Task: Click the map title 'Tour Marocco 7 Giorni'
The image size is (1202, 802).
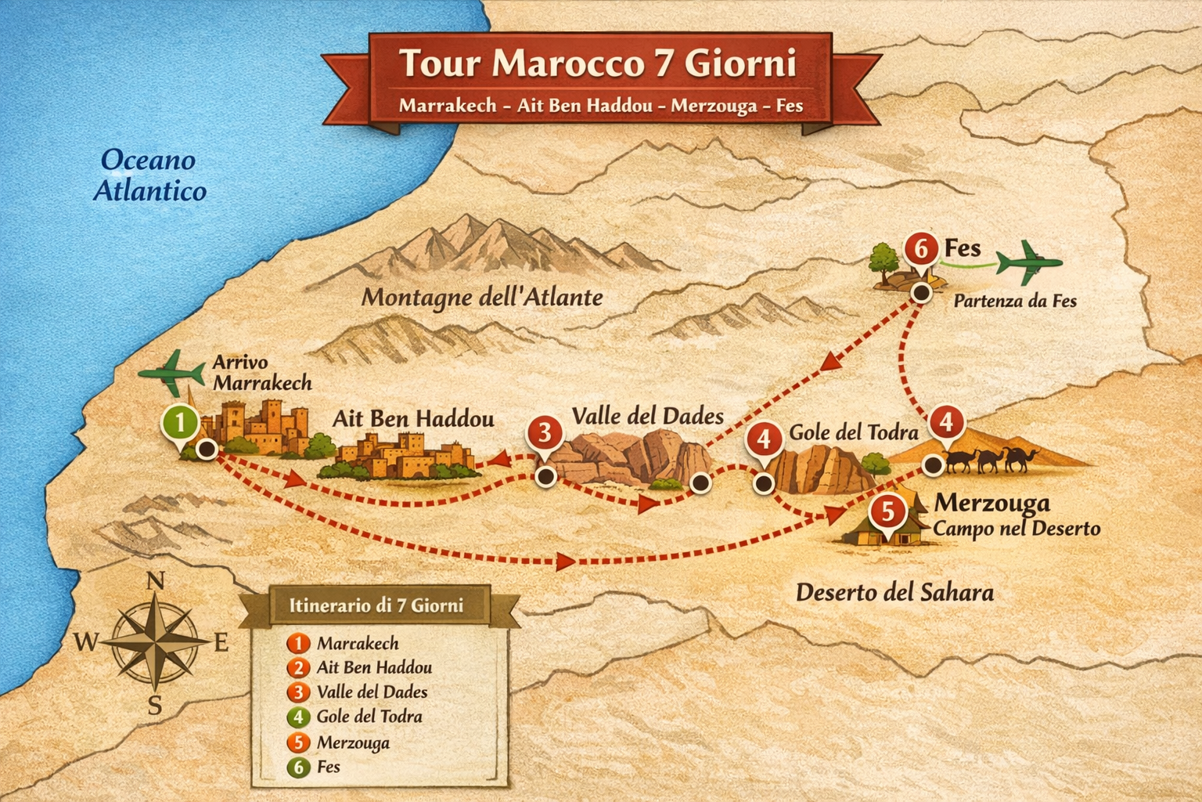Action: coord(598,63)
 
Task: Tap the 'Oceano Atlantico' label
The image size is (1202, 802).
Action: coord(149,175)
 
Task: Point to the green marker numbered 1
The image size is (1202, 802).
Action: coord(180,423)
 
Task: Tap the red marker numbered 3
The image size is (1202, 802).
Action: coord(545,433)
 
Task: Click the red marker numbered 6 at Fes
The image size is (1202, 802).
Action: coord(922,249)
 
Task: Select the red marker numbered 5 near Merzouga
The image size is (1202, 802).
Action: coord(887,512)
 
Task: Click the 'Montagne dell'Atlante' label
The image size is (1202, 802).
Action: coord(482,297)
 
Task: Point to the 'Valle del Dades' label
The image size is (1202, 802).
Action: coord(647,416)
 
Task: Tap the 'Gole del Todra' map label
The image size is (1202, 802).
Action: coord(853,432)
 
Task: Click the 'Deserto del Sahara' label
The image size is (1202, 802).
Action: coord(894,592)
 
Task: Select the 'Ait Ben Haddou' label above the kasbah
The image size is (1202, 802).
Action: coord(413,419)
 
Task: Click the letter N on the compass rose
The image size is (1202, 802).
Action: coord(157,581)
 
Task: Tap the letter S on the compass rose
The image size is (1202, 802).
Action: coord(155,706)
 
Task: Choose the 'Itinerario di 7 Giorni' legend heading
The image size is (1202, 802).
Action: coord(376,605)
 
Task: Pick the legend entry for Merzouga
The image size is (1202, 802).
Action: coord(352,742)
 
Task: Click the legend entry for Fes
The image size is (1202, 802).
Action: coord(328,767)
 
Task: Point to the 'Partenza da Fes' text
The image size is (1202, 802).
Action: coord(1015,301)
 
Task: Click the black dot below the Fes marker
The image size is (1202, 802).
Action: coord(922,293)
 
